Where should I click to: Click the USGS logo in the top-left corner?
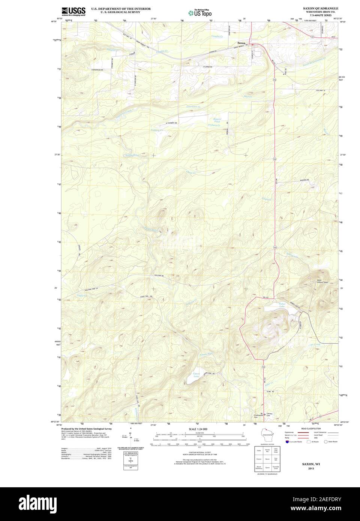pyautogui.click(x=73, y=11)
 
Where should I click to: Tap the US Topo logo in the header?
pyautogui.click(x=201, y=12)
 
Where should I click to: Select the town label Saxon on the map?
pyautogui.click(x=241, y=43)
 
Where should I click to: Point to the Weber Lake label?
pyautogui.click(x=282, y=305)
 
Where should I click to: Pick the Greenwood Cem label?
pyautogui.click(x=259, y=416)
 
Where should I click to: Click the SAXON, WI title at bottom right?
pyautogui.click(x=311, y=464)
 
